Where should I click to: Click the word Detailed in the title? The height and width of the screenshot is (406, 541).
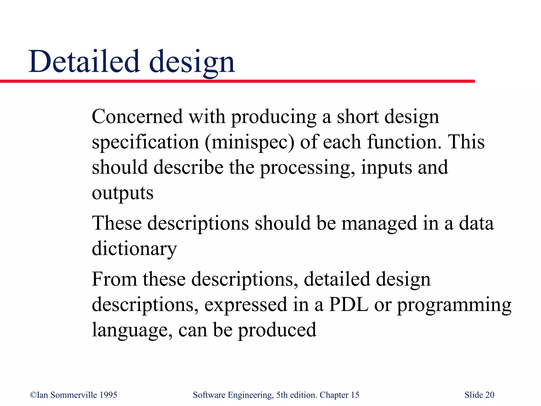(x=84, y=61)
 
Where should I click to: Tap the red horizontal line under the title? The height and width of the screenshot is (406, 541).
(x=238, y=81)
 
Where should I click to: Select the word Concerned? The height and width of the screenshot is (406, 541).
(x=137, y=116)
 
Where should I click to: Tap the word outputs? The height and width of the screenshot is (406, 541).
(x=123, y=193)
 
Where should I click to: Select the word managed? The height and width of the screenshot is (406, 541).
(x=379, y=223)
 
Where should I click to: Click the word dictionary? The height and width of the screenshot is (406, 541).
(x=134, y=248)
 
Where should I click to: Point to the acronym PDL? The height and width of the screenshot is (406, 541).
(x=348, y=304)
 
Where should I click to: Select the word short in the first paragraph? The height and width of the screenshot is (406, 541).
(x=358, y=116)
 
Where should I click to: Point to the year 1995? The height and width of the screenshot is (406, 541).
(x=108, y=395)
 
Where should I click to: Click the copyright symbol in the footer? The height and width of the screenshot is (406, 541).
(x=33, y=395)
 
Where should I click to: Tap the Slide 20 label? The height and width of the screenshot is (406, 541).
(x=479, y=395)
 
